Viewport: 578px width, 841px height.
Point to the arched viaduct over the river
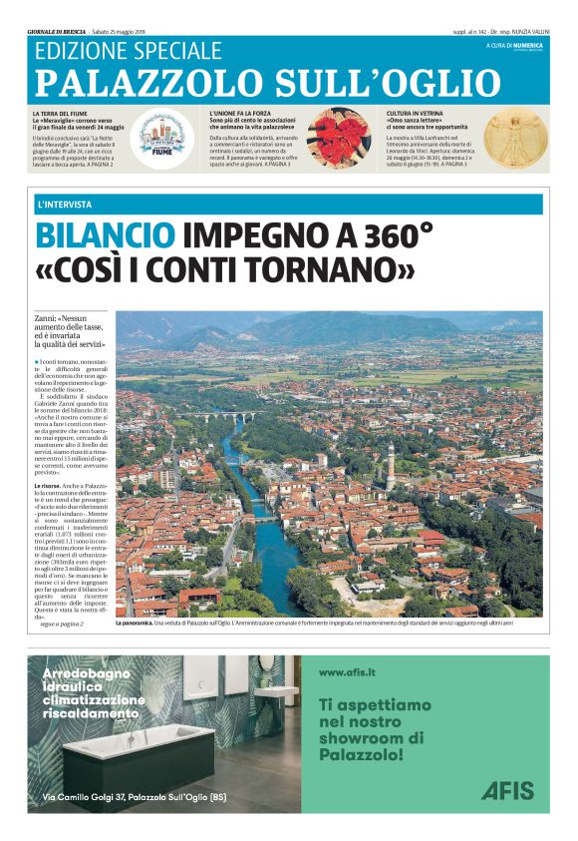click(x=225, y=415)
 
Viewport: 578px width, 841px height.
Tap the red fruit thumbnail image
click(x=338, y=137)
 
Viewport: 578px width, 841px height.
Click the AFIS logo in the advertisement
click(x=507, y=790)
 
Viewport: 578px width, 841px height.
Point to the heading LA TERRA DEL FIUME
click(x=64, y=114)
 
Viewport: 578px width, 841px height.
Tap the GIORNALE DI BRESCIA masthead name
click(x=58, y=32)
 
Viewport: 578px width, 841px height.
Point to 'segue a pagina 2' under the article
click(x=62, y=625)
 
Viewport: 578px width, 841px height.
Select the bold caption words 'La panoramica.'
click(x=139, y=623)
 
